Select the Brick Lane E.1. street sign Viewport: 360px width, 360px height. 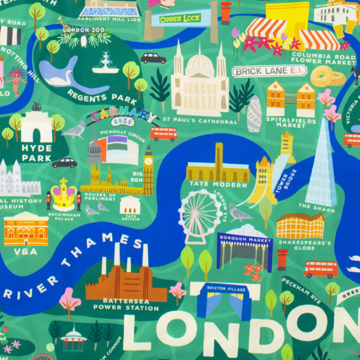[269, 71]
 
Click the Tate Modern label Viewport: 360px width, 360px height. [219, 185]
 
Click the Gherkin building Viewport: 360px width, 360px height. [254, 114]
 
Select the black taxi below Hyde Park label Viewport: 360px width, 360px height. [64, 163]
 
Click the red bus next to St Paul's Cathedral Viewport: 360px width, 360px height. [163, 134]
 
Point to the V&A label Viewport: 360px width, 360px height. [26, 252]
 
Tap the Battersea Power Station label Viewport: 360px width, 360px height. [126, 304]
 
